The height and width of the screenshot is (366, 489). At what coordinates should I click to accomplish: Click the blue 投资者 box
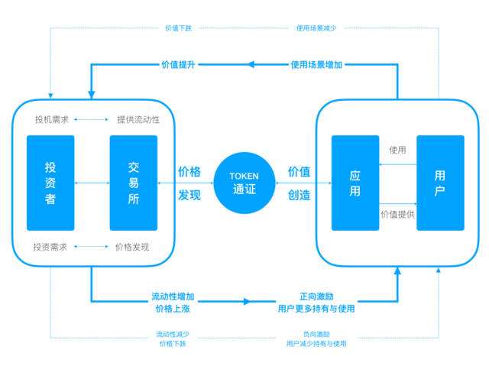point(50,183)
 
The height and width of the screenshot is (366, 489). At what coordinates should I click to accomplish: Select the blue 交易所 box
point(133,183)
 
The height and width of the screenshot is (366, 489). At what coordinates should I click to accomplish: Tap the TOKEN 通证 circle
point(244,182)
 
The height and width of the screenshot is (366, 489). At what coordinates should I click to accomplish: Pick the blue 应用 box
point(355,183)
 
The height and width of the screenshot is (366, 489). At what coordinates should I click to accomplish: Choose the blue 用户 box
point(439,183)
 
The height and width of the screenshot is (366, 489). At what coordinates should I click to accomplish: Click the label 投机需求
point(51,119)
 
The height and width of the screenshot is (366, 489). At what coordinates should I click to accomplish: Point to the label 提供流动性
point(138,119)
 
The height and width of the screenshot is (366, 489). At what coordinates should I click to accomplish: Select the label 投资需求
point(51,247)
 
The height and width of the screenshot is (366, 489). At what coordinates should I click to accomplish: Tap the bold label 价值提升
point(177,65)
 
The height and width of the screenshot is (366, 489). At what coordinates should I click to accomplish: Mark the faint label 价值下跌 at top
point(177,28)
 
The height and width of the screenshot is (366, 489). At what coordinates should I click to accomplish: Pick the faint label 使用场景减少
point(316,28)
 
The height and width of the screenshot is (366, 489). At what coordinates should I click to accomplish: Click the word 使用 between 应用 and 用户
point(397,150)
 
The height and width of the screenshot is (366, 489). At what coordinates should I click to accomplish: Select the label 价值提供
point(397,215)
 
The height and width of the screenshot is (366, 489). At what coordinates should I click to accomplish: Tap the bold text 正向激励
point(316,296)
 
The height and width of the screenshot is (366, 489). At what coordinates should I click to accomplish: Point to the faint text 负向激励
point(316,334)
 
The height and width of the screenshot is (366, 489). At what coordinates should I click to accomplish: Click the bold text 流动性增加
point(173,296)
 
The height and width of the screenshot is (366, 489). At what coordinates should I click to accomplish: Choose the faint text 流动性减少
point(173,334)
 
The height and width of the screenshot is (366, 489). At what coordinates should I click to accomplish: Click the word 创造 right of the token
point(299,195)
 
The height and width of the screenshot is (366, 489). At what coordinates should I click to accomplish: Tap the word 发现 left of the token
point(189,195)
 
